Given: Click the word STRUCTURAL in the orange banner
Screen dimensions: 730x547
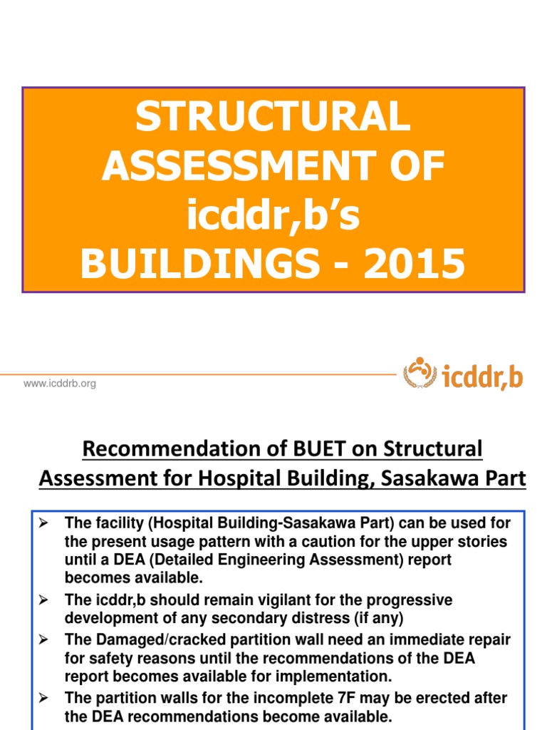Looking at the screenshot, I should click(273, 118).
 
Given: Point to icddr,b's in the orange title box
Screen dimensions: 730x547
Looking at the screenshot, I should click(273, 215).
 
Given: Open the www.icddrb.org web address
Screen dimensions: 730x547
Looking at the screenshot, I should click(60, 384).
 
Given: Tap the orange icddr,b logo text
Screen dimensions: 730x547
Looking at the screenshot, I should click(482, 375).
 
